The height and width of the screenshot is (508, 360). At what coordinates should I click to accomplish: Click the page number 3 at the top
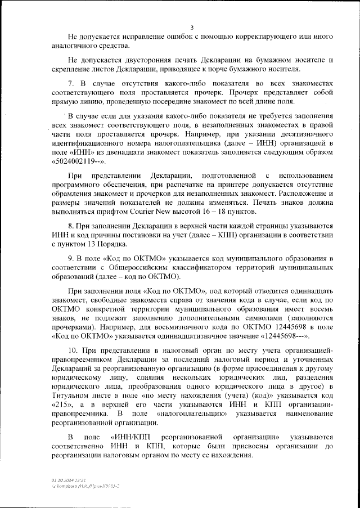click(x=192, y=27)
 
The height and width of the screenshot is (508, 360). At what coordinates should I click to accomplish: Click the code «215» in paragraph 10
click(x=62, y=404)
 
